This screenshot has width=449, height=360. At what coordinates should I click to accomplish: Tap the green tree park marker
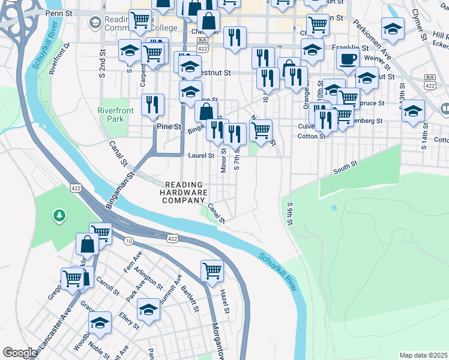(59, 214)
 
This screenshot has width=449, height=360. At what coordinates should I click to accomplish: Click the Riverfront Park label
(111, 114)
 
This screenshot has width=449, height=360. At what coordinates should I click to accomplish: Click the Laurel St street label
(201, 155)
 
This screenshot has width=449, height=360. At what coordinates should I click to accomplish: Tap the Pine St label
(169, 127)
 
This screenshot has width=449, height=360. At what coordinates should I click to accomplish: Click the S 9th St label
(289, 214)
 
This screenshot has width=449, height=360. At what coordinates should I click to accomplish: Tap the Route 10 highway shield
(128, 241)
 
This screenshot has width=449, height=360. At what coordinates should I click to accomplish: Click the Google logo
(20, 352)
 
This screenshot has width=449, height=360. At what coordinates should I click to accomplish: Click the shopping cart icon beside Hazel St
(212, 270)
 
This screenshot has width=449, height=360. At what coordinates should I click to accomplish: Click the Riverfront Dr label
(59, 58)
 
